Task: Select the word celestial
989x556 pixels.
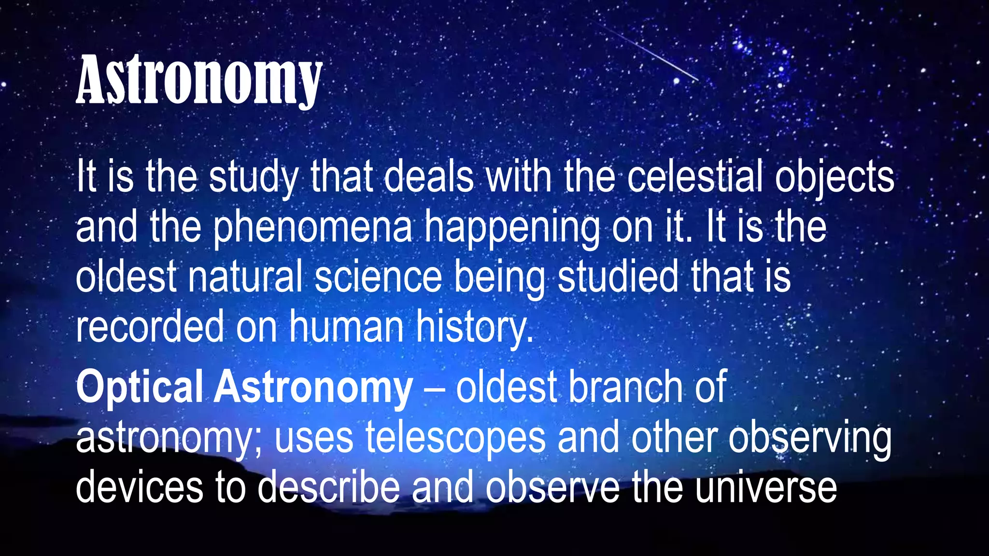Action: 695,177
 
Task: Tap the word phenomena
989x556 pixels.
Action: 313,227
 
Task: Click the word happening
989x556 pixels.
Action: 511,227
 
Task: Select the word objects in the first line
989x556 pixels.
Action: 834,177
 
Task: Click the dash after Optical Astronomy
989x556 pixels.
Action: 434,389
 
